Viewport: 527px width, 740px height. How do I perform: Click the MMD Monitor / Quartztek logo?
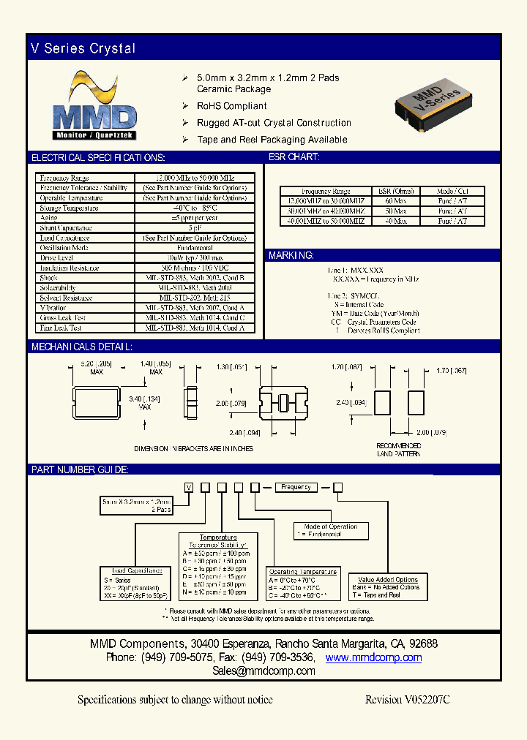(x=95, y=107)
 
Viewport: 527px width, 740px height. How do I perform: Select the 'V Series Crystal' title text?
(x=83, y=48)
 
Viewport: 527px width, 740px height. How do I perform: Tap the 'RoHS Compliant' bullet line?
(x=232, y=106)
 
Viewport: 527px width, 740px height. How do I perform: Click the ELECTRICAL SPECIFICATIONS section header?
(x=98, y=157)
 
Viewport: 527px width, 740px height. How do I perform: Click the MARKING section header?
(x=292, y=255)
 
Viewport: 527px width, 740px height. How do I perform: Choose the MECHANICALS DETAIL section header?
(x=81, y=347)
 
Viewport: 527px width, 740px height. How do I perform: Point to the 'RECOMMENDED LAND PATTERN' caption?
(x=399, y=450)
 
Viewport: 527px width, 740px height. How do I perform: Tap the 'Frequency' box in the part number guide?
(x=296, y=487)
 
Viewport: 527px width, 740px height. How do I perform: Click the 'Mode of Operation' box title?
(x=330, y=526)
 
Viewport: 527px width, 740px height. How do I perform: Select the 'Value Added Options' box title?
(x=387, y=580)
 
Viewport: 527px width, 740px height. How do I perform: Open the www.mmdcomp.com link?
(x=373, y=657)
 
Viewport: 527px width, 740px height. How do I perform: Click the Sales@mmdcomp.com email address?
(x=263, y=671)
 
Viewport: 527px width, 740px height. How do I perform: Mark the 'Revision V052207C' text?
(x=407, y=700)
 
